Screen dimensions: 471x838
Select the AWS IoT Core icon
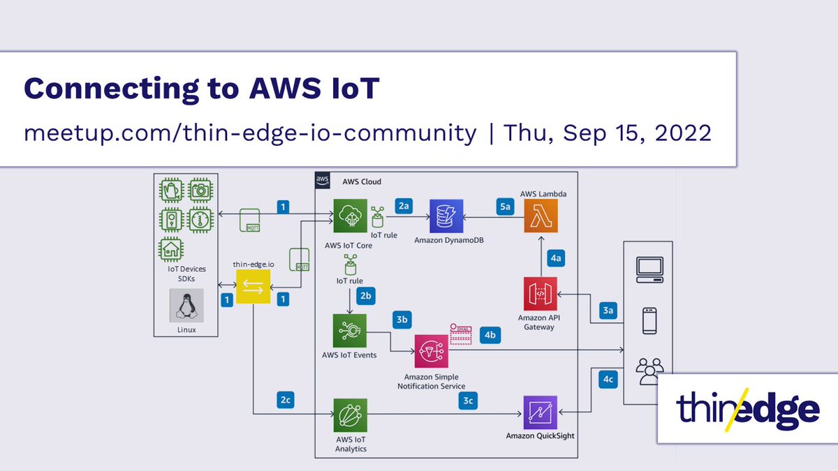348,216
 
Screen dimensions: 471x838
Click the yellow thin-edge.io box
253,287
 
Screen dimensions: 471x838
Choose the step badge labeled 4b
492,335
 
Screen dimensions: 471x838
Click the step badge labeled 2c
285,401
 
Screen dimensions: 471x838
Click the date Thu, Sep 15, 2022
608,131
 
